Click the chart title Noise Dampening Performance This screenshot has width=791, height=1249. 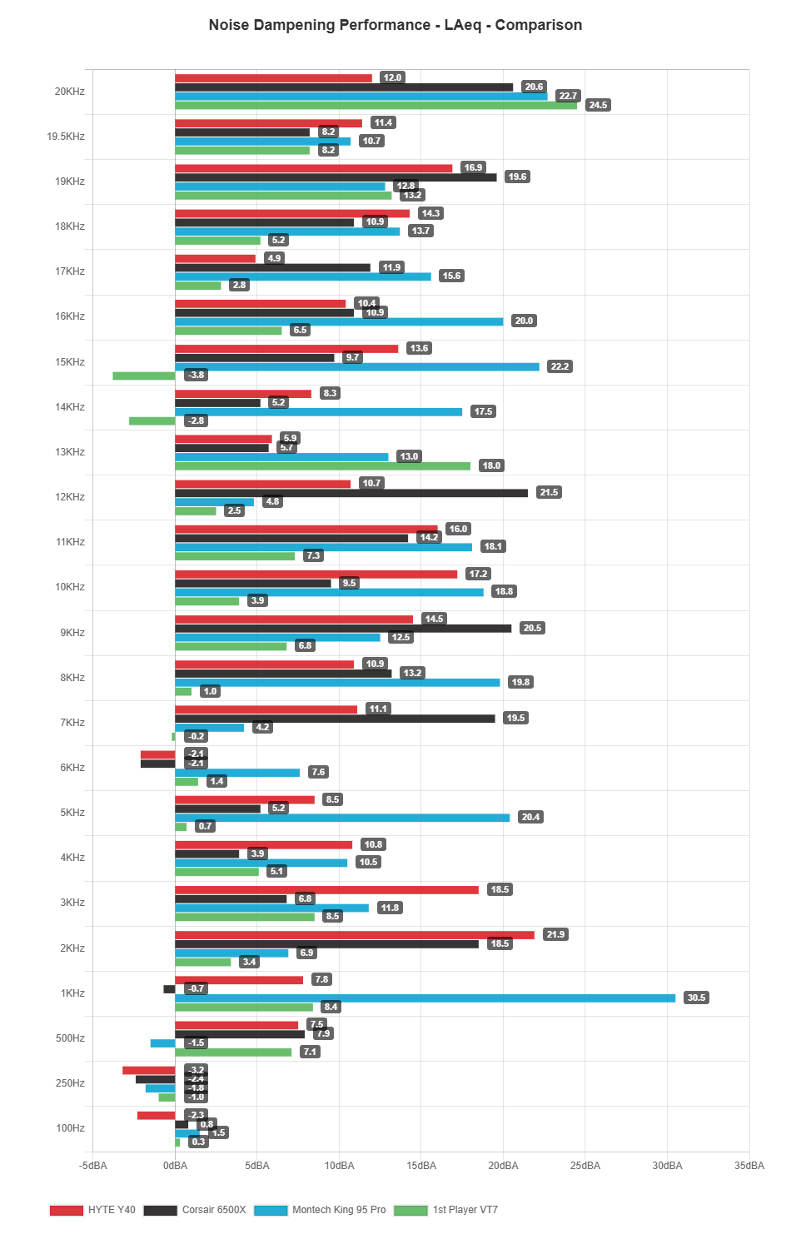tap(395, 25)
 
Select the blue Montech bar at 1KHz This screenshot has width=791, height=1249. tap(425, 998)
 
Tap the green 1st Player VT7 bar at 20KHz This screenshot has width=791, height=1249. tap(376, 106)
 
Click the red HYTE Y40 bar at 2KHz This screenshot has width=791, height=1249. tap(354, 934)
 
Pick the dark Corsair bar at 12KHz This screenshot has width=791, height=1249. tap(351, 493)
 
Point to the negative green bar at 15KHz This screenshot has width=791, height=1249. tap(143, 376)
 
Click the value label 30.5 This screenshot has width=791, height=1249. tap(696, 998)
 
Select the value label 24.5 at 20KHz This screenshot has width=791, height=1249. tap(598, 106)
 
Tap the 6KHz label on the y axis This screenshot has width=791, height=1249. tap(72, 768)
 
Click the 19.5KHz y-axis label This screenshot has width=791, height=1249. tap(66, 137)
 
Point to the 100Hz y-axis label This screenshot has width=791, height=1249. tap(70, 1128)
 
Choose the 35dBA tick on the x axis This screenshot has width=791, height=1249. tap(749, 1166)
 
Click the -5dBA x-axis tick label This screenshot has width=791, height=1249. tap(93, 1166)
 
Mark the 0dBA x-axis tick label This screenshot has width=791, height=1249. tap(175, 1166)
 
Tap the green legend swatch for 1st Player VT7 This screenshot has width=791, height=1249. tap(410, 1210)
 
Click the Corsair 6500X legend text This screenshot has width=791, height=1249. tap(214, 1210)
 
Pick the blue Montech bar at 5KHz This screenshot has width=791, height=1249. tap(342, 818)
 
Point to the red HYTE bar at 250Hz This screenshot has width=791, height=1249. tap(149, 1070)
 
